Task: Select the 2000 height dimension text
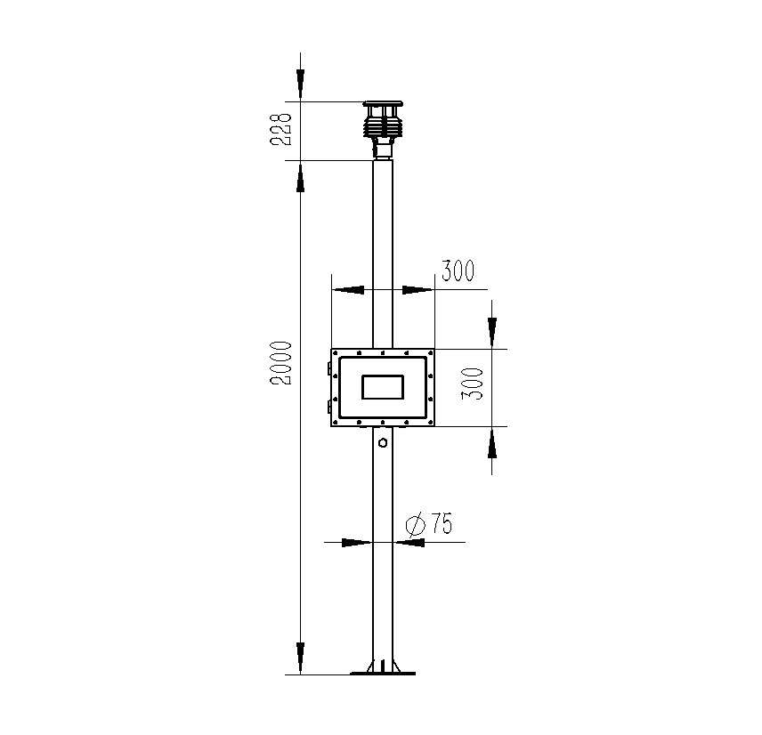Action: click(x=282, y=362)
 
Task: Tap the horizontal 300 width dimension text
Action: click(x=458, y=271)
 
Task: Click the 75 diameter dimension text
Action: click(x=441, y=524)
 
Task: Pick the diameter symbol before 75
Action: click(x=414, y=525)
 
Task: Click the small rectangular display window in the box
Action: click(x=382, y=387)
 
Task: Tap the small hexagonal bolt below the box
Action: click(x=382, y=441)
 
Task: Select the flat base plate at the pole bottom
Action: click(x=382, y=674)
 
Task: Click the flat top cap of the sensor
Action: click(x=382, y=104)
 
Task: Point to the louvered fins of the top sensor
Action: click(x=382, y=125)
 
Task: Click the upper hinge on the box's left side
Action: click(x=329, y=366)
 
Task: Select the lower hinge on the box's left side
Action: click(x=329, y=408)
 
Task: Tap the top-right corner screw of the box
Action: click(x=430, y=353)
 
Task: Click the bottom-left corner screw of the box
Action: click(x=335, y=422)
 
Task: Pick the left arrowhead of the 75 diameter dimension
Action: click(x=356, y=541)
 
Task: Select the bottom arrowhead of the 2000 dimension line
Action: click(x=301, y=659)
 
